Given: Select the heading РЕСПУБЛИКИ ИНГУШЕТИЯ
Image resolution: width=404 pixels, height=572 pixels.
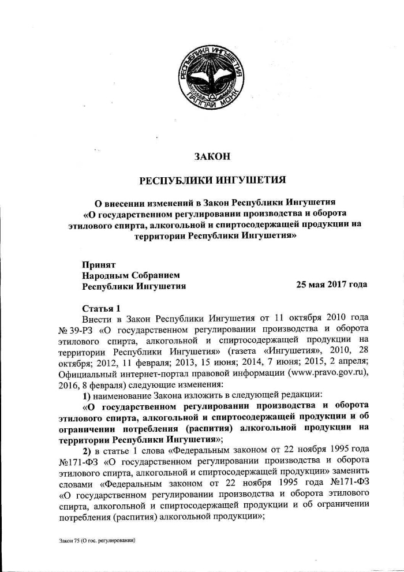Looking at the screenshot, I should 213,181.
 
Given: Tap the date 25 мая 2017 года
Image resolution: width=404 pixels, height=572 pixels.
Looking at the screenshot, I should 331,285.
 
